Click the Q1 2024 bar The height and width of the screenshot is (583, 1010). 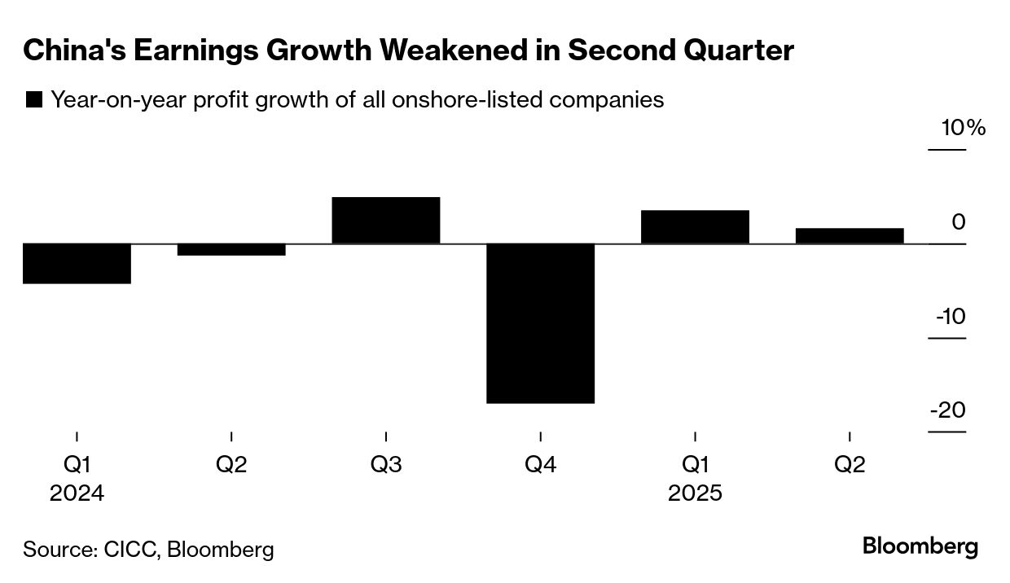(x=77, y=264)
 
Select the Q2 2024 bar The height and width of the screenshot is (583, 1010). (x=231, y=250)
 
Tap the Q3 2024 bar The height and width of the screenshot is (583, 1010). (x=386, y=221)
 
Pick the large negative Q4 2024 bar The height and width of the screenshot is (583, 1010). (x=541, y=323)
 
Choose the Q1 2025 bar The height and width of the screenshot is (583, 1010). (x=695, y=227)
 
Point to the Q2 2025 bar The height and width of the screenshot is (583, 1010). (x=850, y=236)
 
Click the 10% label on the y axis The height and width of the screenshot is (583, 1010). (x=964, y=129)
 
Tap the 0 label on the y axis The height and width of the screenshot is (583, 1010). (x=958, y=222)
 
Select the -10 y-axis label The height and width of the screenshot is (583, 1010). (x=950, y=316)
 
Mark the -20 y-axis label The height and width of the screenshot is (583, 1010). (x=948, y=410)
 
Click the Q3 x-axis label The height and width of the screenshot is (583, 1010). (x=386, y=465)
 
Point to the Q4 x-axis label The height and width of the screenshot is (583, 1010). (x=541, y=465)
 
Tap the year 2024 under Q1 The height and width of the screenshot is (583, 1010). (x=77, y=493)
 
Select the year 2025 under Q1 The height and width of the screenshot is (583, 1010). (x=695, y=493)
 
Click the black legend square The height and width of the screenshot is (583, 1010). (x=34, y=101)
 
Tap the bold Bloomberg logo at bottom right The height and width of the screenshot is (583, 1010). (x=920, y=547)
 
